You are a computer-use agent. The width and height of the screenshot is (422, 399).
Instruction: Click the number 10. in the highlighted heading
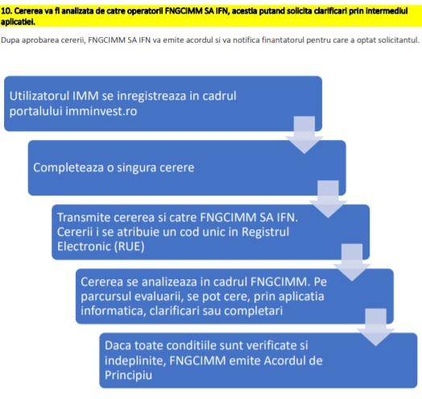[6, 11]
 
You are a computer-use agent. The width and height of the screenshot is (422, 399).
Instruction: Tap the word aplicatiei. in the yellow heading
[18, 22]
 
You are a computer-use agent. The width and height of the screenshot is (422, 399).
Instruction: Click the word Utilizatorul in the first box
[39, 96]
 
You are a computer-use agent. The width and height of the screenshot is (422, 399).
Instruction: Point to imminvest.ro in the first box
[101, 111]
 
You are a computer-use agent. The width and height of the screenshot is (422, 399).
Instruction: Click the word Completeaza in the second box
[68, 168]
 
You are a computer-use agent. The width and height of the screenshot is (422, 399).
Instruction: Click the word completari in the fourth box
[253, 311]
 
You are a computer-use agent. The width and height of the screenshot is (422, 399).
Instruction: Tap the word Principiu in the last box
[128, 376]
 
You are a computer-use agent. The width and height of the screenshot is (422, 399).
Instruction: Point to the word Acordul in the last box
[285, 361]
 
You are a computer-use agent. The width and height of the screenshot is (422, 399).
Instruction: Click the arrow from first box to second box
[304, 135]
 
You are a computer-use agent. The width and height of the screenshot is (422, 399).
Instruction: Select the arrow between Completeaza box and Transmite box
[328, 199]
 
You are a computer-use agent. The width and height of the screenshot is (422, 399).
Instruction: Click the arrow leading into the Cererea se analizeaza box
[352, 263]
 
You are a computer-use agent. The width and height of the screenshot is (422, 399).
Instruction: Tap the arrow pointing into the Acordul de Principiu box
[376, 327]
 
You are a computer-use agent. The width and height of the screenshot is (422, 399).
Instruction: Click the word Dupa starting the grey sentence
[10, 40]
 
